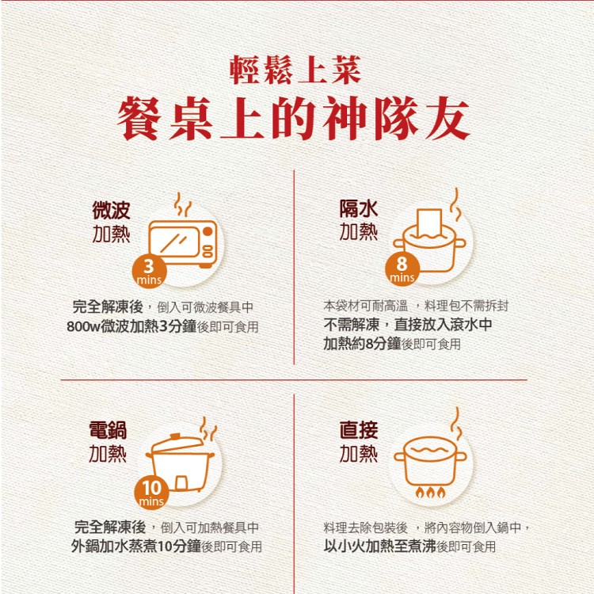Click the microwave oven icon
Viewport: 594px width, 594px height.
click(183, 242)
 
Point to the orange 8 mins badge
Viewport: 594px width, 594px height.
click(402, 269)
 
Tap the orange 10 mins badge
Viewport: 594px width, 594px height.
click(150, 493)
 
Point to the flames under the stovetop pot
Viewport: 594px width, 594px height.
click(432, 493)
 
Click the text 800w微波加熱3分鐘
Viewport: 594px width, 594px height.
click(127, 327)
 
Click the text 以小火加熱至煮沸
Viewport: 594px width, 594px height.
click(379, 546)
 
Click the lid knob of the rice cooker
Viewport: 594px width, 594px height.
click(176, 437)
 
